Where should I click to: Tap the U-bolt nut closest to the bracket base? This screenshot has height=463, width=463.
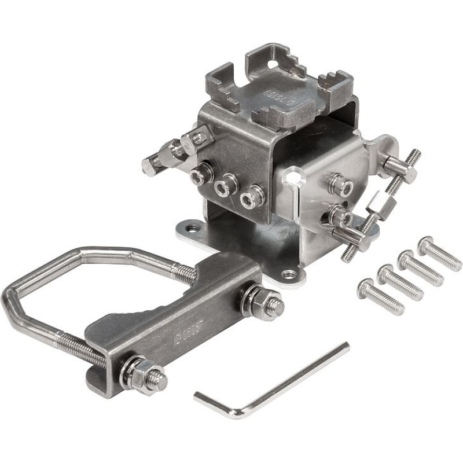coord(255,301)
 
